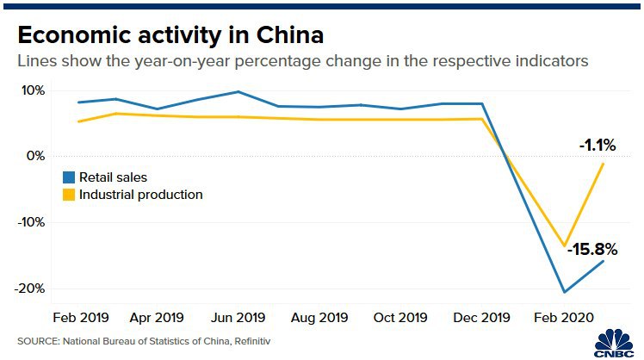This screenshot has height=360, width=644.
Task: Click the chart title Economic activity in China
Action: coord(170,35)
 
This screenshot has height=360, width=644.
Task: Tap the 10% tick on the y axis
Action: coord(33,90)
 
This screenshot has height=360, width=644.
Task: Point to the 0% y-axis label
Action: coord(35,156)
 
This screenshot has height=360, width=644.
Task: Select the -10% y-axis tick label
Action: coord(31,221)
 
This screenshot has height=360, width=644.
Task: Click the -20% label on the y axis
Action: coord(31,288)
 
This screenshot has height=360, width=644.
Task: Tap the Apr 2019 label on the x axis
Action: coord(156,316)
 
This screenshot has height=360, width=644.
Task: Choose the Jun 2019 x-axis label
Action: coord(238,316)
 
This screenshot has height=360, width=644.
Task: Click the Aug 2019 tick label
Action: coord(320,316)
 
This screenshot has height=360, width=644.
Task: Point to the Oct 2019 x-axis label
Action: coord(400,316)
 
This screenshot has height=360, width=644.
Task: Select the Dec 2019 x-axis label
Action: coord(481,316)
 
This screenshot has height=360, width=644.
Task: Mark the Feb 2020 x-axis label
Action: coord(563,316)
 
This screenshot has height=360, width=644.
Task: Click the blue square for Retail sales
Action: coord(69,177)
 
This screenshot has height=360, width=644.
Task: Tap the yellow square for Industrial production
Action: coord(69,195)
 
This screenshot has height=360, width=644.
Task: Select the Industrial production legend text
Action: coord(141,195)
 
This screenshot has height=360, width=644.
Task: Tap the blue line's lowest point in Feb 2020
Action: coord(564,292)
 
